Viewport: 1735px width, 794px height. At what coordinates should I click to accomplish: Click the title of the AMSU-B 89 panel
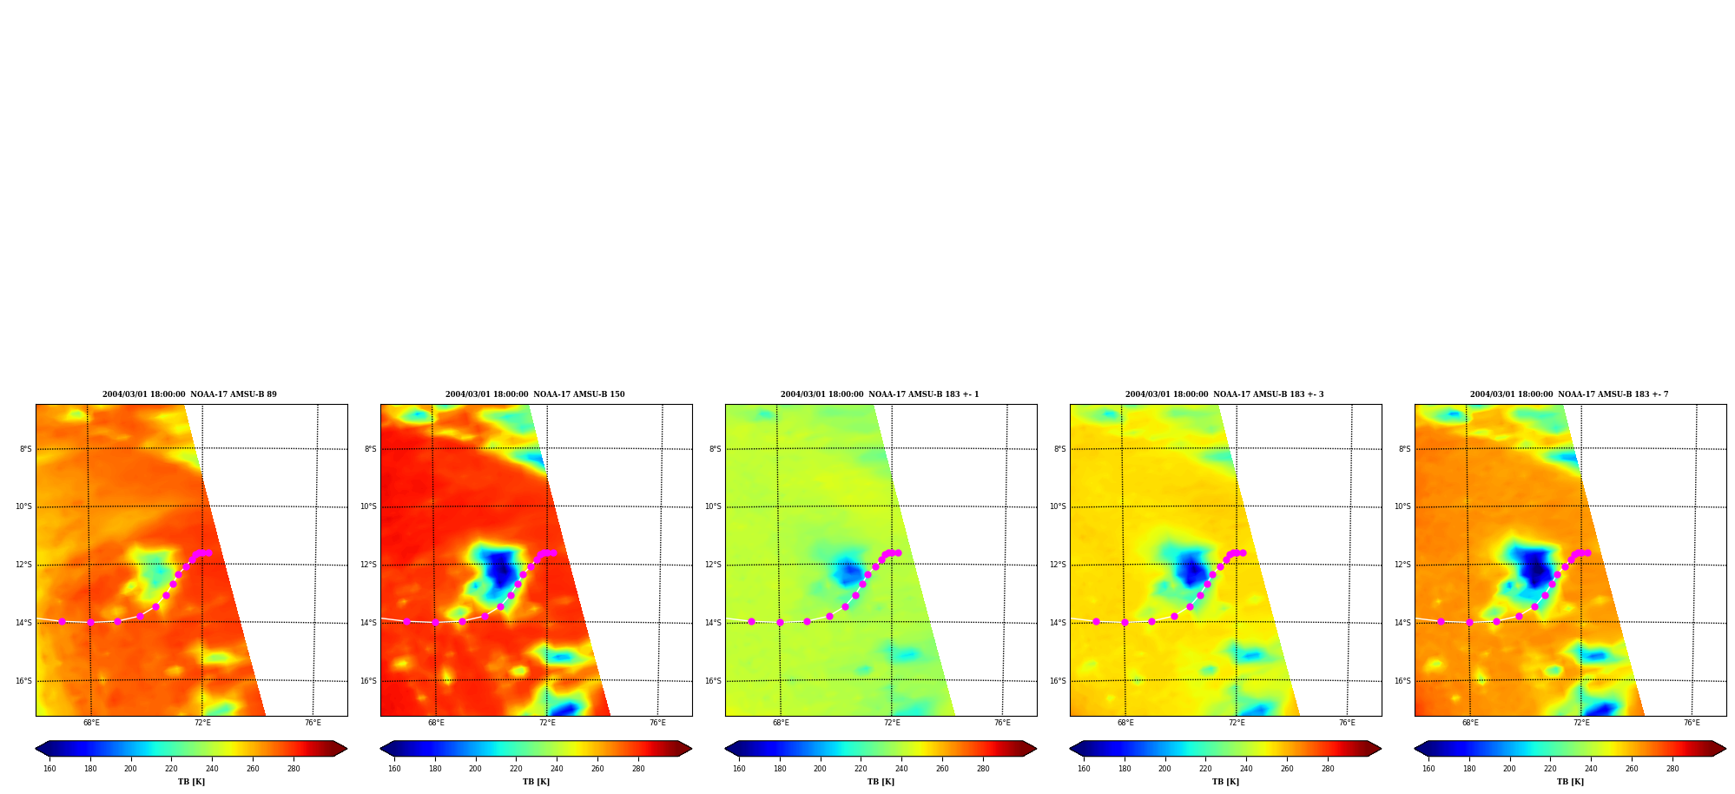pos(189,394)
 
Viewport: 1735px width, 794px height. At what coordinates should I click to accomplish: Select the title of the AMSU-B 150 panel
pos(535,394)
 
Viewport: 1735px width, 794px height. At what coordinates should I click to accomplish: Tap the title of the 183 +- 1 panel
pos(880,394)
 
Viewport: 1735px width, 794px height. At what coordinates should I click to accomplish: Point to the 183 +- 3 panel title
pos(1224,394)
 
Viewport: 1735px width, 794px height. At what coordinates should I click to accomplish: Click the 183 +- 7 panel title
pos(1569,394)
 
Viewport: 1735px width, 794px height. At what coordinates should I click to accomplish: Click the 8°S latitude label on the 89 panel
pos(26,449)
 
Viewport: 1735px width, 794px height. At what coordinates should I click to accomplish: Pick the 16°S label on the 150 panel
pos(368,681)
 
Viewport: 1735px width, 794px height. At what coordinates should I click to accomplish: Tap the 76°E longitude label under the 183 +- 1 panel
pos(1002,723)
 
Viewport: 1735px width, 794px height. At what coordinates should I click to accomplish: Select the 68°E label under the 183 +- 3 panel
pos(1125,723)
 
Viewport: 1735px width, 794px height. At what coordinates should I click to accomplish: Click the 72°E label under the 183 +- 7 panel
pos(1581,723)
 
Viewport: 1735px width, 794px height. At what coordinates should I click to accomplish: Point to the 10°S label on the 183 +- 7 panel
pos(1402,506)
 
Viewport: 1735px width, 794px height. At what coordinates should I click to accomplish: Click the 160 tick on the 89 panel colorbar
pos(49,769)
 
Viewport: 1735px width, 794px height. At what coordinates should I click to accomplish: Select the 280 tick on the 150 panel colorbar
pos(638,769)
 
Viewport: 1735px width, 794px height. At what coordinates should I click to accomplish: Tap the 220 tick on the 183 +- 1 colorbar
pos(861,769)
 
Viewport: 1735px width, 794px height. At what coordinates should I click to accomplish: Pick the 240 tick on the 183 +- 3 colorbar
pos(1246,769)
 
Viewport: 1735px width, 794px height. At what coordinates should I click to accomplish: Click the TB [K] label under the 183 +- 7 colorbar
pos(1570,782)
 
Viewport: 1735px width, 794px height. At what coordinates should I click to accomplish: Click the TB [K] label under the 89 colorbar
pos(191,782)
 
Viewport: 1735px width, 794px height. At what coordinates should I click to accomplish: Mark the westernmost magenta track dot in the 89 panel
pos(62,621)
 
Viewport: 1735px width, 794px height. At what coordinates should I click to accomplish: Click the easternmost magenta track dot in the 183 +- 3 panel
pos(1243,552)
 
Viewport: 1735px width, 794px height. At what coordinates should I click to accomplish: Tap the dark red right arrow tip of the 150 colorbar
pos(691,749)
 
